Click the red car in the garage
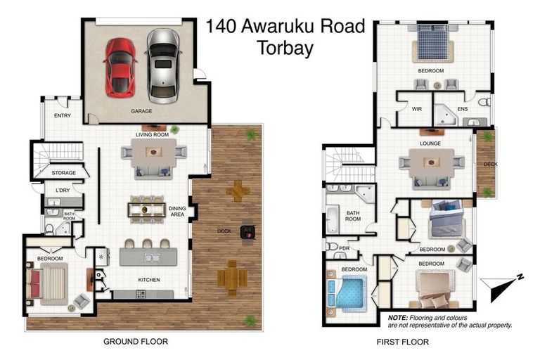120,67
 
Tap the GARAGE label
141,111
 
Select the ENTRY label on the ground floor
63,116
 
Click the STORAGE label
63,172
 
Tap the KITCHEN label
148,280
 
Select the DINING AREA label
177,212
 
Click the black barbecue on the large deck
247,231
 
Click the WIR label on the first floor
416,109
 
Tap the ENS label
463,109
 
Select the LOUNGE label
430,143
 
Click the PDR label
344,247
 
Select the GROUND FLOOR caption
135,342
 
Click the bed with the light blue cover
349,292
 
